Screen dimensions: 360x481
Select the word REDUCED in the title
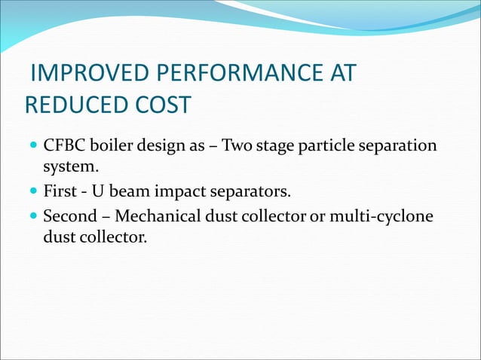[x=69, y=105]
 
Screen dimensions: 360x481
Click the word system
[x=72, y=164]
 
